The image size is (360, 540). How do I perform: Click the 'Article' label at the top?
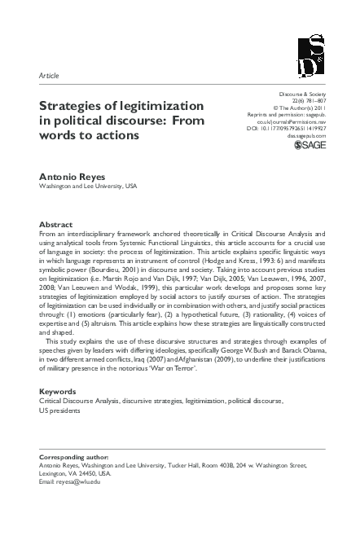click(x=49, y=75)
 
